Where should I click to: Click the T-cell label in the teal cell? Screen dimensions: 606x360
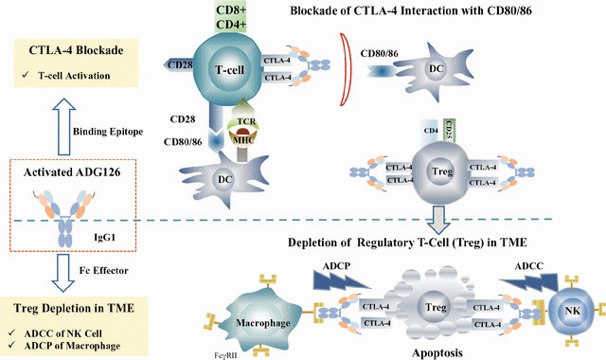[229, 69]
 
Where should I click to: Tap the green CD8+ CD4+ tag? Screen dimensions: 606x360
[231, 17]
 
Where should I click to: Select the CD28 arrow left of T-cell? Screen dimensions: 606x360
[178, 64]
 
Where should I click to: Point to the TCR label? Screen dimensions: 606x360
[246, 121]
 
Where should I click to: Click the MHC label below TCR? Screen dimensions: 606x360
[243, 140]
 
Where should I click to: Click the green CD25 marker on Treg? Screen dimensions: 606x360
[449, 131]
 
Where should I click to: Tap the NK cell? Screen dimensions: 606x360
[572, 311]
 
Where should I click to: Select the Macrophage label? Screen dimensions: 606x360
[263, 322]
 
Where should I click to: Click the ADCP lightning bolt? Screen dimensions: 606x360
[340, 280]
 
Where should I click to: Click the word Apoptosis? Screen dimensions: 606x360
[437, 352]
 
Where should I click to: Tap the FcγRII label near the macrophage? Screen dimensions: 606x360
[225, 354]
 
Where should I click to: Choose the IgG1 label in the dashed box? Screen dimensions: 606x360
[105, 237]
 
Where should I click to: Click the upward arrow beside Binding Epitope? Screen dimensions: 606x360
[63, 126]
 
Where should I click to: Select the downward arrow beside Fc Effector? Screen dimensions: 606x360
[62, 272]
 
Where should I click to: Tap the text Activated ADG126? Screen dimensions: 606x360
[72, 172]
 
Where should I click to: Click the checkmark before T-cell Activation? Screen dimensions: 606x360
[26, 75]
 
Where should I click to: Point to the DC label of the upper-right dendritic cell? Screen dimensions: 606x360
[436, 68]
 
